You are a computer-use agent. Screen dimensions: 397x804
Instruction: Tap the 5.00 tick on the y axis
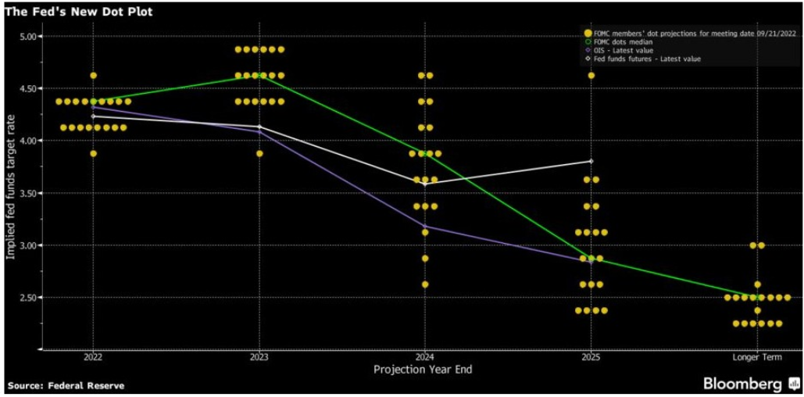[30, 37]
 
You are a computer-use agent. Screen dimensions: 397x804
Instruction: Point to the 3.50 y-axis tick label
[30, 193]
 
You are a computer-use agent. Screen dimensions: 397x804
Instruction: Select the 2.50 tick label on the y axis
[30, 298]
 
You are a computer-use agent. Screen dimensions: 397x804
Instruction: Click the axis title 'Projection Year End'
[423, 369]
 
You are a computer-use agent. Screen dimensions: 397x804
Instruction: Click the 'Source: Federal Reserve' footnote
[66, 385]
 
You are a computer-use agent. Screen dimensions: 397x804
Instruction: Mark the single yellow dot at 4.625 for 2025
[591, 76]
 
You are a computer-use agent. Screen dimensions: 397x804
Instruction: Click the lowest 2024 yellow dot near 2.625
[425, 284]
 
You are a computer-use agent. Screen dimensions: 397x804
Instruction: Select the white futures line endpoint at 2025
[591, 161]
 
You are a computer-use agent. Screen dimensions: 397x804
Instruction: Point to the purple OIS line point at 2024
[425, 227]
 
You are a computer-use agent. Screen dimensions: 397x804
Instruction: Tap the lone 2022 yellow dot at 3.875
[94, 154]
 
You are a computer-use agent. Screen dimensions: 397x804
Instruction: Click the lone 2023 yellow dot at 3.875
[259, 154]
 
